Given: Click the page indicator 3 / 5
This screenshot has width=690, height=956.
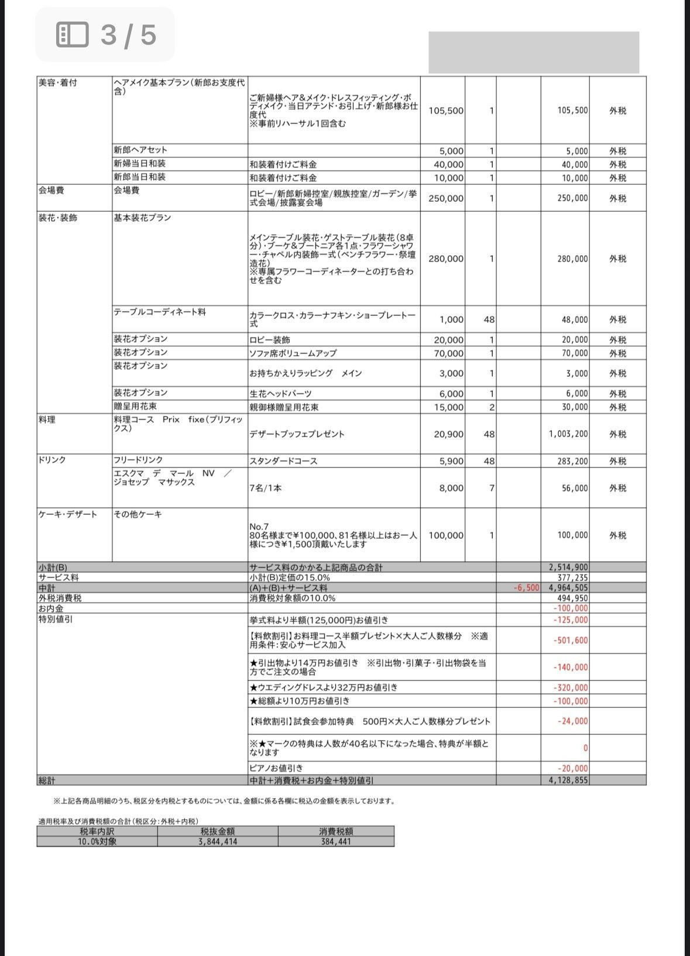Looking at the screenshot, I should [107, 35].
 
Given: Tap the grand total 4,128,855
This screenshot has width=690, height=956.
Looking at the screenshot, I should [568, 780].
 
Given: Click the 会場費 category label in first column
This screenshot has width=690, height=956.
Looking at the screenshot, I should [51, 191].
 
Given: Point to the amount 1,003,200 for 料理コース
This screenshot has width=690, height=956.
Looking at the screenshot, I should [568, 434].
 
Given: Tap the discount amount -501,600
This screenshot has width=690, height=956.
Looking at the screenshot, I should [571, 641].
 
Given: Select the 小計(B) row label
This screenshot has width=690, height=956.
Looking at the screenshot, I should [53, 568].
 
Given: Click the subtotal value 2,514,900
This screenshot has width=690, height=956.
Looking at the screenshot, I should [568, 568].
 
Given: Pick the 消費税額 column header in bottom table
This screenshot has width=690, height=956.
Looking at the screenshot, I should [336, 831].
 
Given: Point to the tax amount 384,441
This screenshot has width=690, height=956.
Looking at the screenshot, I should [336, 842].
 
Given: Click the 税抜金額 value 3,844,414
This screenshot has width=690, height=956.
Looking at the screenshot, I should [217, 842].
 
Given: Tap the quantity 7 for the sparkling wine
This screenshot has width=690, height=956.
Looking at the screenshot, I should [492, 488].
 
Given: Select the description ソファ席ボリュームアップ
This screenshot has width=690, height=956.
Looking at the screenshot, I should [293, 353].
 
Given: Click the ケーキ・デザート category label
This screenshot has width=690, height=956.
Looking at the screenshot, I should [68, 514].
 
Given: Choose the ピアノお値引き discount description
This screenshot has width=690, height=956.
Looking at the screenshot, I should [276, 768].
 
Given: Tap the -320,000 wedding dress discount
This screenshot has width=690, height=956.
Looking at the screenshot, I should [571, 688].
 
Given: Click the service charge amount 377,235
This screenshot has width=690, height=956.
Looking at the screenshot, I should [572, 578].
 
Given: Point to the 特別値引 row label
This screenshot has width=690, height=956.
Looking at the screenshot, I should [56, 619].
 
